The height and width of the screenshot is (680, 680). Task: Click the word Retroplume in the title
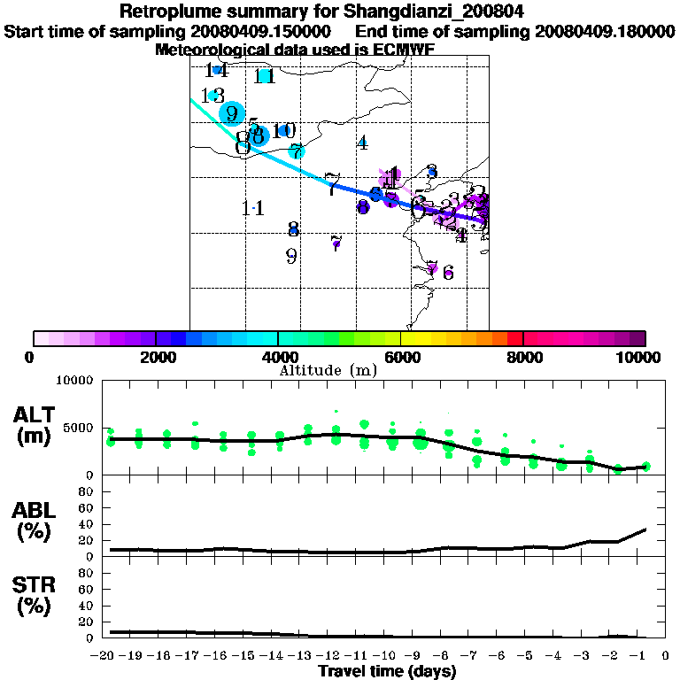173,12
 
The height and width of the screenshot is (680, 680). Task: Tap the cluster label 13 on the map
212,96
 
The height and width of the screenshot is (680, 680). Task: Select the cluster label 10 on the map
284,131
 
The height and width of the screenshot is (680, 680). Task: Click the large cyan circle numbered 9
232,113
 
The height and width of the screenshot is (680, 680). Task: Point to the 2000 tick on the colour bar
155,358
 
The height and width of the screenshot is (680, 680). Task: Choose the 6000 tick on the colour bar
400,358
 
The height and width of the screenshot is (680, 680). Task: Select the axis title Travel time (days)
387,672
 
